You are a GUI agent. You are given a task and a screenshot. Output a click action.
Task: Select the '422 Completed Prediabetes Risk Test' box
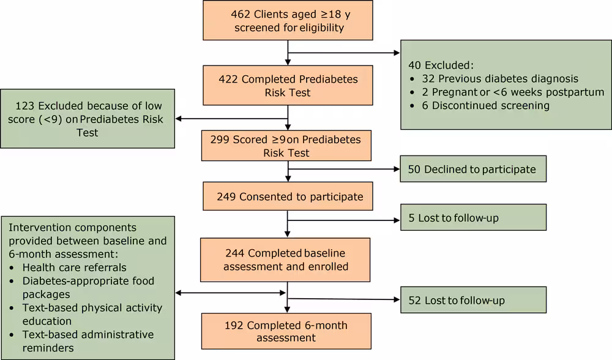pyautogui.click(x=287, y=86)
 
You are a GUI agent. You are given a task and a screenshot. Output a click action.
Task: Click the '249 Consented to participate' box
pyautogui.click(x=287, y=197)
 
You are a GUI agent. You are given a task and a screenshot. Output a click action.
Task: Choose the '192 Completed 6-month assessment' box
pyautogui.click(x=287, y=331)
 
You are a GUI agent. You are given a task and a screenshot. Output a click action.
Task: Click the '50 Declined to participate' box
pyautogui.click(x=473, y=169)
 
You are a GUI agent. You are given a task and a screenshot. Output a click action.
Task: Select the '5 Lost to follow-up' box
pyautogui.click(x=473, y=217)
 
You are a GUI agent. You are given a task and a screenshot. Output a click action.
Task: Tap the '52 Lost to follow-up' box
pyautogui.click(x=473, y=301)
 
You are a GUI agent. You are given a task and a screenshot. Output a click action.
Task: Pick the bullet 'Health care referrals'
pyautogui.click(x=74, y=267)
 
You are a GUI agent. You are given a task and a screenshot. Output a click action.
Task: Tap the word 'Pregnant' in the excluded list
pyautogui.click(x=453, y=92)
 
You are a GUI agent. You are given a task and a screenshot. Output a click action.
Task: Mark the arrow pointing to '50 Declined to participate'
pyautogui.click(x=343, y=169)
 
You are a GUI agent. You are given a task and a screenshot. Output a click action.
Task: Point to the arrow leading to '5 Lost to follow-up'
pyautogui.click(x=343, y=220)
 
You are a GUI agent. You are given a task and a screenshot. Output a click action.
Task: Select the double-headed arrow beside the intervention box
pyautogui.click(x=231, y=293)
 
